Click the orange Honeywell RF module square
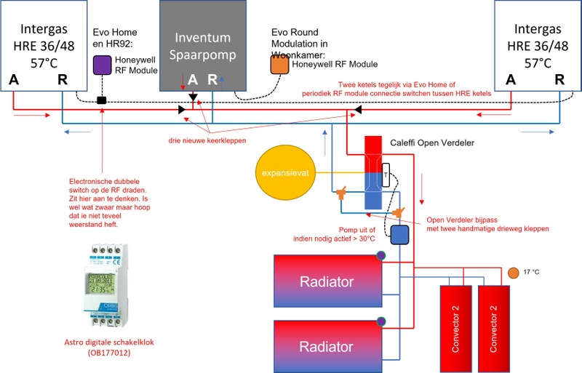(x=279, y=64)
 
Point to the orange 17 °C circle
(x=514, y=273)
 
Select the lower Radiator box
(x=328, y=343)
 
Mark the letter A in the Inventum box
(x=192, y=79)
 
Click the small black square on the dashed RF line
(x=102, y=100)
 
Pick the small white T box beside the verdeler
(x=386, y=175)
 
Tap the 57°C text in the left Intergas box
(x=43, y=63)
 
